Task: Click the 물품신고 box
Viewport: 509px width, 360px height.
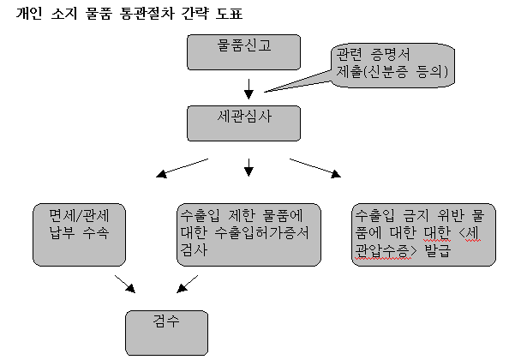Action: tap(243, 52)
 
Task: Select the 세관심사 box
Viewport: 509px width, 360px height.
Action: tap(243, 123)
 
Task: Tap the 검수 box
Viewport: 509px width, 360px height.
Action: tap(166, 333)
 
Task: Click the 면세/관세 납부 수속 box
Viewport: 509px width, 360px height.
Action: tap(79, 235)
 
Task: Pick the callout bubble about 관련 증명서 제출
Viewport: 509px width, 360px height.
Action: tap(392, 66)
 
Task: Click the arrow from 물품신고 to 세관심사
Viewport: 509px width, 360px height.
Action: tap(249, 88)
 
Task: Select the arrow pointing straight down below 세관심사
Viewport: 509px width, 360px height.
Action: tap(249, 167)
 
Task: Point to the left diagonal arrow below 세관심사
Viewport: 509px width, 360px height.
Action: tap(183, 168)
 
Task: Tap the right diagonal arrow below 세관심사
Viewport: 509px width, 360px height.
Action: tap(315, 168)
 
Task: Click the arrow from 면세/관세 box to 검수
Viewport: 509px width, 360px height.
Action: tap(125, 284)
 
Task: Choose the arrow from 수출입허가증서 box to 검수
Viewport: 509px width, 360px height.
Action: tap(188, 284)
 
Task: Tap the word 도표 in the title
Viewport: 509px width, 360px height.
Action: tap(229, 14)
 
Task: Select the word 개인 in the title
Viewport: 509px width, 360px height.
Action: tap(29, 14)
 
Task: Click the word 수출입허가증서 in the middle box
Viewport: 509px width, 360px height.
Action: tap(261, 233)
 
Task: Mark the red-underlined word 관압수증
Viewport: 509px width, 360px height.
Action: tap(381, 251)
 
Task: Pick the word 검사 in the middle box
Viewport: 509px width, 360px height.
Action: tap(194, 250)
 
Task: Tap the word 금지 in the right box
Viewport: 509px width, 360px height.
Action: tap(416, 215)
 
